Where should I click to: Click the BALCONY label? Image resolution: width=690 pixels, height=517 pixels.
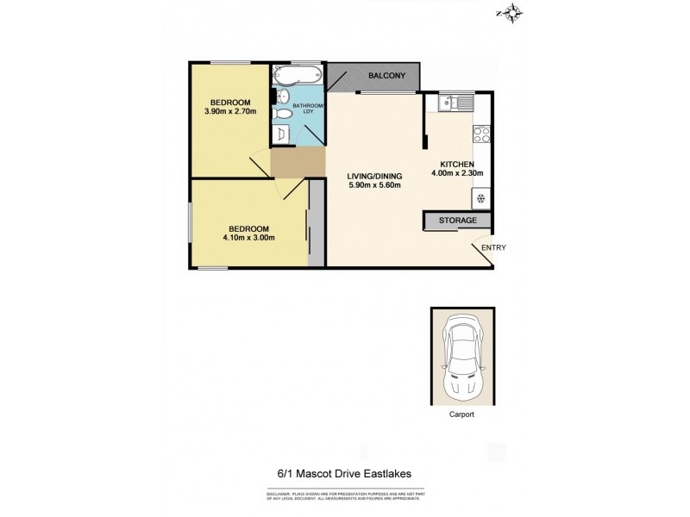click(x=386, y=76)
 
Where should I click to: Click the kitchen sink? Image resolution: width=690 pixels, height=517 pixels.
click(x=455, y=104)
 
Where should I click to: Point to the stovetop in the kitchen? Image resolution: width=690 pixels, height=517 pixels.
click(x=480, y=134)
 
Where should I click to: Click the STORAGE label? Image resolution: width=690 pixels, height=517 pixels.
click(x=457, y=221)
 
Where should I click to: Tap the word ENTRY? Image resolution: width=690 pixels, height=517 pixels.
click(x=493, y=248)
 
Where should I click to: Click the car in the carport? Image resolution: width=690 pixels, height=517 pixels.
click(x=462, y=355)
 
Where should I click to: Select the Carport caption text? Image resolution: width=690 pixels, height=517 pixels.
click(x=461, y=414)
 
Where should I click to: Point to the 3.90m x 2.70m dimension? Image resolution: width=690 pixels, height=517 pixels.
click(x=230, y=112)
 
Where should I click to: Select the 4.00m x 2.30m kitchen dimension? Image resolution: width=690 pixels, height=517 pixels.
click(x=457, y=173)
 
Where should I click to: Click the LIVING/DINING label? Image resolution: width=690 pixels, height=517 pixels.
click(x=374, y=176)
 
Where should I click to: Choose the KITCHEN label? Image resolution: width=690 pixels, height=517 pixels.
click(x=457, y=164)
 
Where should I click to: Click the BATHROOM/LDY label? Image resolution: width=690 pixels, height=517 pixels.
click(x=308, y=109)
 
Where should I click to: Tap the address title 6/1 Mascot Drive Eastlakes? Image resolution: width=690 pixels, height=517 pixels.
click(x=344, y=473)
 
